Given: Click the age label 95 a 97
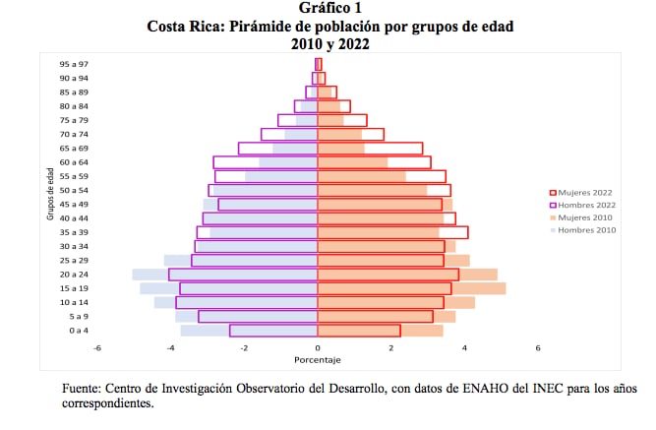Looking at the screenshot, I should tap(74, 64).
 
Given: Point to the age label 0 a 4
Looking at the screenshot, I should tap(79, 331).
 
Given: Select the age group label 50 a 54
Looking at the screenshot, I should tap(74, 190).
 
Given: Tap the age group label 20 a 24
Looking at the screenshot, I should tap(74, 275).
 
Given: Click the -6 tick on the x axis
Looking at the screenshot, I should tap(96, 348).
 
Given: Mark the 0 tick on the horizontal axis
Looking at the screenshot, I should tap(318, 348).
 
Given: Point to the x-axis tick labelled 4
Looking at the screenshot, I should tap(464, 348).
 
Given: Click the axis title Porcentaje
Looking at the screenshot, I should tap(318, 361).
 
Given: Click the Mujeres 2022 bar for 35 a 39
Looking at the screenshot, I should tap(392, 232).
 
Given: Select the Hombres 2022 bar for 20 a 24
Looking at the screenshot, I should tap(243, 275).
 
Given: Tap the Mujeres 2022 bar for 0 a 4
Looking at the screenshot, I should tap(359, 331).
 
